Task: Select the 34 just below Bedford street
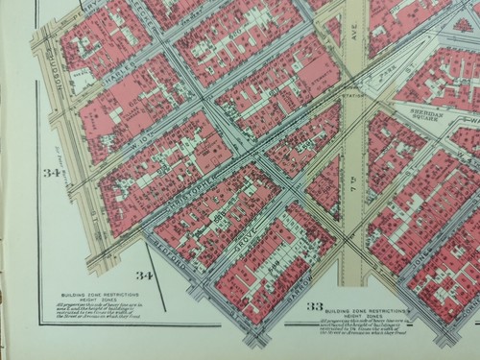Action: (143, 276)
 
